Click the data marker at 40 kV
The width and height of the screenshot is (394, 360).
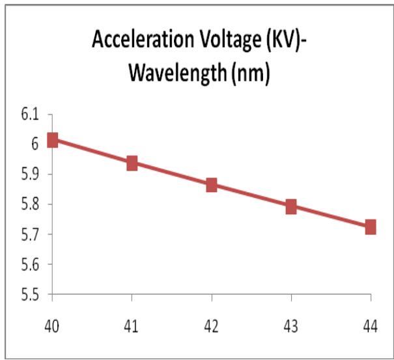tap(53, 140)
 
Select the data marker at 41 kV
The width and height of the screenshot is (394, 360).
tap(132, 163)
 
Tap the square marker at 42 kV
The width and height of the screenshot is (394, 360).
tap(212, 185)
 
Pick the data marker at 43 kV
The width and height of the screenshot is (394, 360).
tap(291, 207)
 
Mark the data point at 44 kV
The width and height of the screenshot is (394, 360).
tap(371, 227)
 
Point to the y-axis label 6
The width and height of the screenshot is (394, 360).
tap(34, 145)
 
